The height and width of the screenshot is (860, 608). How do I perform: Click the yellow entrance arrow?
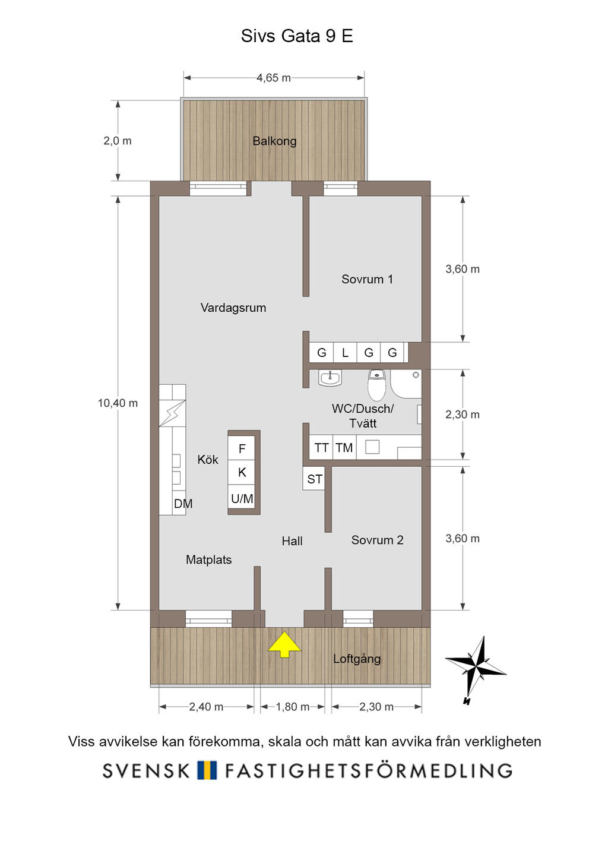284,644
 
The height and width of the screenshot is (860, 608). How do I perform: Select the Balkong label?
274,141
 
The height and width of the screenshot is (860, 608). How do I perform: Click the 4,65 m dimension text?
274,78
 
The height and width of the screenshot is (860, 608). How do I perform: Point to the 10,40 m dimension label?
118,403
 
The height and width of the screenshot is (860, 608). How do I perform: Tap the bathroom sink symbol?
330,377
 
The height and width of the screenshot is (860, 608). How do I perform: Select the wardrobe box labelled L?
345,353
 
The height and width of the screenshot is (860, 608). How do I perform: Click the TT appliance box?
321,448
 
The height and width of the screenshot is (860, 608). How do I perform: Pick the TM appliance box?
344,448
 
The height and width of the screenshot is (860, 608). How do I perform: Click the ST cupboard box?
315,479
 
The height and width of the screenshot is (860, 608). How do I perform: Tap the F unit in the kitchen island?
242,448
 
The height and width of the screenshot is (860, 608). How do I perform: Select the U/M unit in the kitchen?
242,499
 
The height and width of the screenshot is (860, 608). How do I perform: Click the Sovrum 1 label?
367,279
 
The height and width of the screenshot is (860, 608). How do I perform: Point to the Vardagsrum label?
233,308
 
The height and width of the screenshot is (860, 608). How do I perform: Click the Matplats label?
208,559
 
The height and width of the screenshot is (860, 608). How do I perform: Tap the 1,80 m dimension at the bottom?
293,707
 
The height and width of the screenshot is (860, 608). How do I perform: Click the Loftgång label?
357,659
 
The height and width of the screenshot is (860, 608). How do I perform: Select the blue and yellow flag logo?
207,770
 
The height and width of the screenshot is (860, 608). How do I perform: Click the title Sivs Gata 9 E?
297,36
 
